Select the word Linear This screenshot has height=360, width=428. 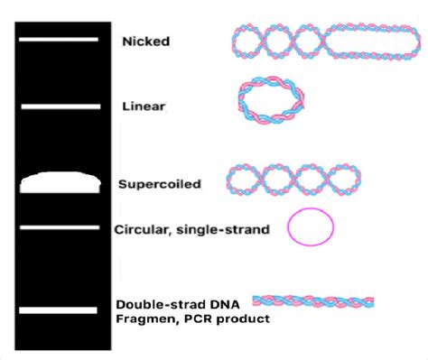click(x=143, y=106)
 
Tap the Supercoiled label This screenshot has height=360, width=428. click(x=160, y=184)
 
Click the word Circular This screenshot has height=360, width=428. click(x=138, y=229)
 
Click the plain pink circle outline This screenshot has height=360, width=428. click(x=311, y=227)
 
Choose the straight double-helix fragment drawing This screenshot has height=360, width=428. click(x=312, y=301)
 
